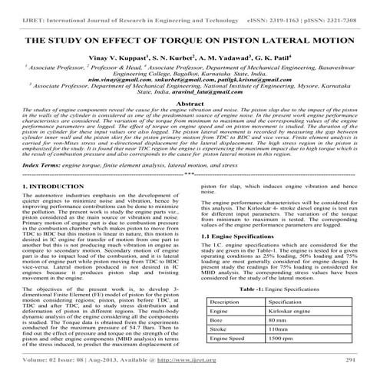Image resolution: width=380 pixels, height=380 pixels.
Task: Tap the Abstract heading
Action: pos(190,102)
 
